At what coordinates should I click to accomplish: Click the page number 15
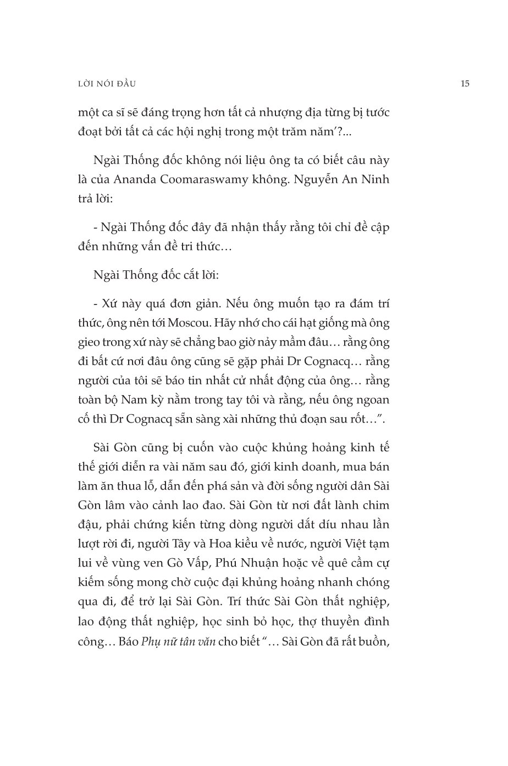(465, 84)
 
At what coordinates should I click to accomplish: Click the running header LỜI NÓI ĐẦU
(107, 84)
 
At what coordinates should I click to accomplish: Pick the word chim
(377, 504)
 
